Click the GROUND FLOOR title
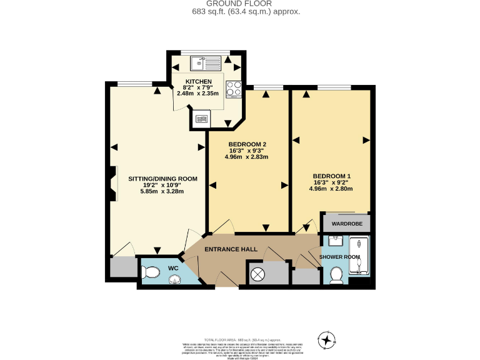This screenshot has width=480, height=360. pos(240,4)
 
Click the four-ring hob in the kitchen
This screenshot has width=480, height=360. pos(234,89)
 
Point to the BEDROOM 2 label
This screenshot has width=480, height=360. pos(246,144)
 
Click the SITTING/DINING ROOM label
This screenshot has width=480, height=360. pos(162,179)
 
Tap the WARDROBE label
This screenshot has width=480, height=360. pos(346,223)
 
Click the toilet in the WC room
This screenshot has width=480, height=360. pos(150,272)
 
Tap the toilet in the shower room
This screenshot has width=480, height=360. pos(336,274)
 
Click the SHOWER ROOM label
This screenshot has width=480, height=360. pos(339,257)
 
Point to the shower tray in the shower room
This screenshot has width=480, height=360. pos(360,256)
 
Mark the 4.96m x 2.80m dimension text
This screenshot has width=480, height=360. pos(331,188)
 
